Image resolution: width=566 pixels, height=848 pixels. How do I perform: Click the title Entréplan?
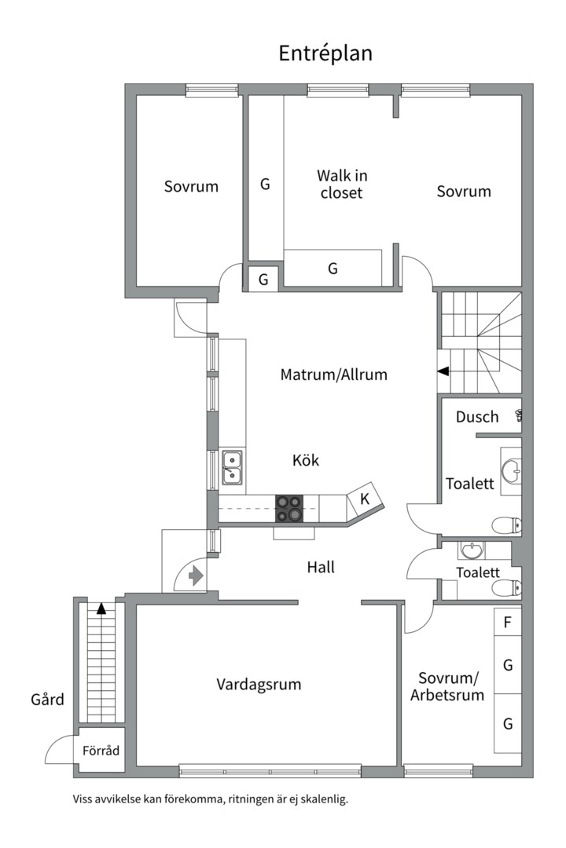tap(325, 53)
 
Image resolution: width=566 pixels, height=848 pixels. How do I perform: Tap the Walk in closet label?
tap(342, 184)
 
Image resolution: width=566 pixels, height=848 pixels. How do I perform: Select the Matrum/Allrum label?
tap(334, 375)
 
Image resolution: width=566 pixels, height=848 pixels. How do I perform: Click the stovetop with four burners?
tap(289, 508)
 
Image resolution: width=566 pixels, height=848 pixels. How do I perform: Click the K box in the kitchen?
tap(365, 498)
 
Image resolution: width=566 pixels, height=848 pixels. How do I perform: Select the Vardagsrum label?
tap(259, 685)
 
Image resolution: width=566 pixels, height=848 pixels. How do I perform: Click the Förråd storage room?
tap(101, 751)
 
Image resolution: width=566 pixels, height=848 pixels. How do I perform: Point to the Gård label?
tap(47, 699)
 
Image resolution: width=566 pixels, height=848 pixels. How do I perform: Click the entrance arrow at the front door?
tap(196, 576)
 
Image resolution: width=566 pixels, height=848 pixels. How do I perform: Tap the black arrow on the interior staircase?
tap(444, 371)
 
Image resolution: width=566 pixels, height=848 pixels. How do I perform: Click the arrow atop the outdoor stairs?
tap(101, 607)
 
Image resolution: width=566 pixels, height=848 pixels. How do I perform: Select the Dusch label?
tap(477, 417)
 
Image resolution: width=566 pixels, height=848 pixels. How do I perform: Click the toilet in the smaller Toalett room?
tap(503, 587)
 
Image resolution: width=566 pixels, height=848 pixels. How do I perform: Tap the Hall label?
tap(321, 566)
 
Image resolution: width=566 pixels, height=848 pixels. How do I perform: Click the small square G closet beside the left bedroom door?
tap(263, 279)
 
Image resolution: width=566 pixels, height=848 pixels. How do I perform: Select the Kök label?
tap(306, 461)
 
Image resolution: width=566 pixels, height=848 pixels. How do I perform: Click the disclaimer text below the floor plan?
tap(210, 799)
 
